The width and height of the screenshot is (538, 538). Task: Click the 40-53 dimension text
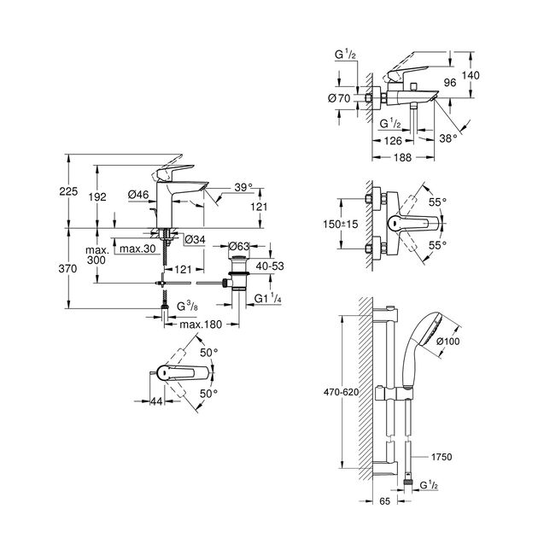[x=271, y=266]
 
